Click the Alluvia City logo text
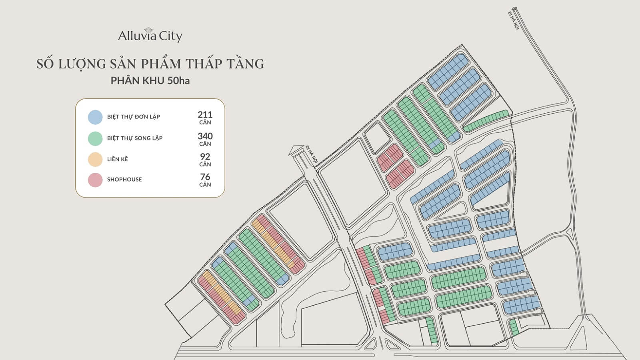[x=150, y=36]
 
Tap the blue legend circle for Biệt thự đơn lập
[x=95, y=117]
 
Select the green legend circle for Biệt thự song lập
[x=95, y=138]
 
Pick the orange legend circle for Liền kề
[x=95, y=159]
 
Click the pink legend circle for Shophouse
[x=95, y=180]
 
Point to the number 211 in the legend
[x=205, y=115]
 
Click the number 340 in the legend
[x=205, y=136]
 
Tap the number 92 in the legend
[x=205, y=156]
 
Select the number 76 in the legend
[x=205, y=177]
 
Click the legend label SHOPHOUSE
[x=124, y=180]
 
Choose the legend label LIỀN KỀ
[x=118, y=159]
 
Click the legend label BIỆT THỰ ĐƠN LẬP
[x=134, y=117]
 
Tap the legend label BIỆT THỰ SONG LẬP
[x=135, y=138]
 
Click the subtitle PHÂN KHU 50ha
[x=150, y=81]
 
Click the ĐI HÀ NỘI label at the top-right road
[x=513, y=20]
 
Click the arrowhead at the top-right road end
[x=515, y=8]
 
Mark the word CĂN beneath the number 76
[x=205, y=185]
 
